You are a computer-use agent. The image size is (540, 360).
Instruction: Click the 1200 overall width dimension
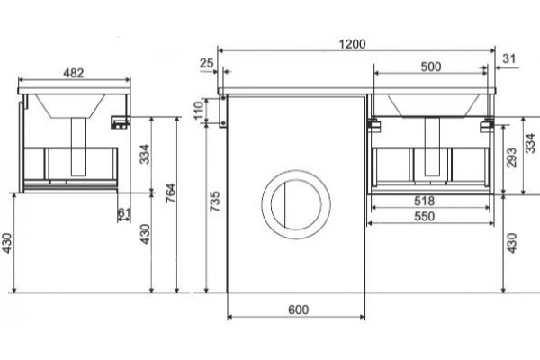pos(352,44)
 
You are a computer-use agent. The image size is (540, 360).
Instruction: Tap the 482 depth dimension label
pos(74,73)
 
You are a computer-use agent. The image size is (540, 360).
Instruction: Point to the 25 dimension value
pos(207,63)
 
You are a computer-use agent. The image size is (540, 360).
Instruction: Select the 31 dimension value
pos(509,58)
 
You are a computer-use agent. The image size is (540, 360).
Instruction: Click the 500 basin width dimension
pos(431,67)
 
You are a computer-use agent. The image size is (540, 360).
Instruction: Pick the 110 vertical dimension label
pos(199,110)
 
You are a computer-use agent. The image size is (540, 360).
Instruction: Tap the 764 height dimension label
pos(171,193)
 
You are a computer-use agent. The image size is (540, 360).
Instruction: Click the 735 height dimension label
pos(214,202)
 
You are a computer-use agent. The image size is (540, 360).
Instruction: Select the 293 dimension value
pos(512,157)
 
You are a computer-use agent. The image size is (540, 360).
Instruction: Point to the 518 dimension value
pos(424,201)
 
